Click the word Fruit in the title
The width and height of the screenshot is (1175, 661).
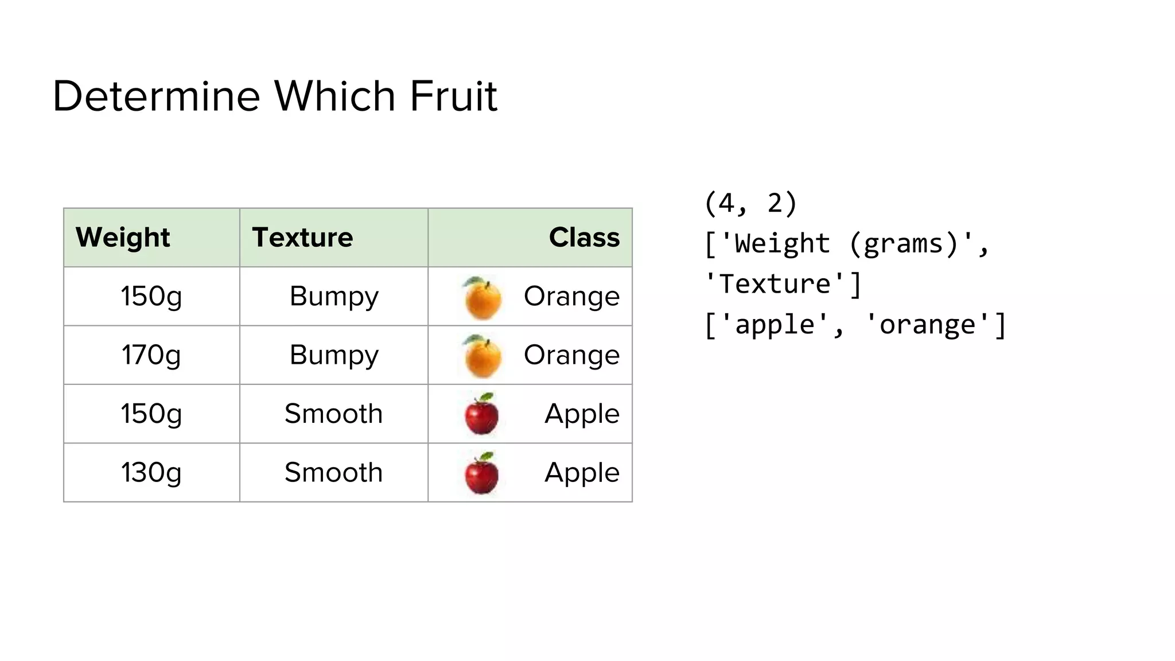pyautogui.click(x=453, y=96)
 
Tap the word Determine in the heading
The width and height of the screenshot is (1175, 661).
pyautogui.click(x=156, y=96)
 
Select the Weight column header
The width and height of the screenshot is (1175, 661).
pyautogui.click(x=123, y=238)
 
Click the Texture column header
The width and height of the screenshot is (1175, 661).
pyautogui.click(x=302, y=238)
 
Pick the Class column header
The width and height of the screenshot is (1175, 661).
pyautogui.click(x=584, y=238)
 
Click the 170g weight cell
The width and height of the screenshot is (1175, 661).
pyautogui.click(x=151, y=355)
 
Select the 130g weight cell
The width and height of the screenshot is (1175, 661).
pyautogui.click(x=151, y=473)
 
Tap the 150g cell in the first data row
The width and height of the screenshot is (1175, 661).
pyautogui.click(x=151, y=297)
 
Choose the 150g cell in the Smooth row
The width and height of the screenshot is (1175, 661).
pyautogui.click(x=151, y=414)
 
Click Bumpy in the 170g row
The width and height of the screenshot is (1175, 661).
pyautogui.click(x=334, y=355)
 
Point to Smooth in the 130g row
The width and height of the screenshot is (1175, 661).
pyautogui.click(x=334, y=473)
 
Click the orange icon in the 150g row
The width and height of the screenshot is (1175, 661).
pyautogui.click(x=483, y=298)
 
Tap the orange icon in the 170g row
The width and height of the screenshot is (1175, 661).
pyautogui.click(x=483, y=356)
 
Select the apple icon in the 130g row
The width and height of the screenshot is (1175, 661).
pyautogui.click(x=481, y=473)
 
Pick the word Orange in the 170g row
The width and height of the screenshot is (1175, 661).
pyautogui.click(x=571, y=355)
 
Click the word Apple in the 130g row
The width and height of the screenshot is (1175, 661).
pyautogui.click(x=582, y=473)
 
